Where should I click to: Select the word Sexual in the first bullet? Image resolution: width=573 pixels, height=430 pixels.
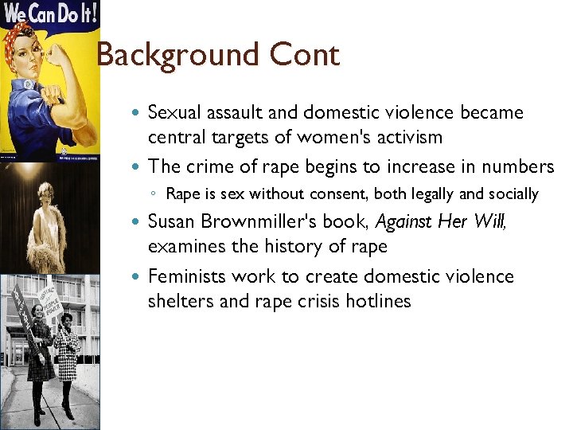177,112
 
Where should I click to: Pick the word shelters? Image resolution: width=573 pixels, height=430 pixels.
178,301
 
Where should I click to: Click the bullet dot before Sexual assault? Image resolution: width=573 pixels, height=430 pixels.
138,113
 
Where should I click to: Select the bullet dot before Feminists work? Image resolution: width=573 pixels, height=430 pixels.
138,277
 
